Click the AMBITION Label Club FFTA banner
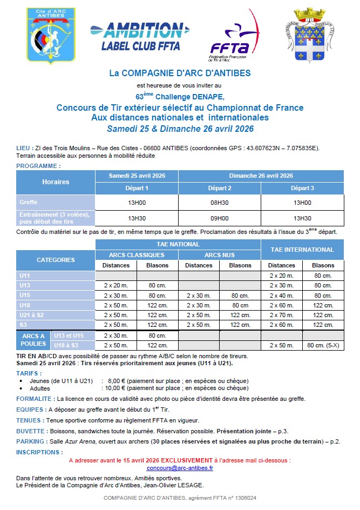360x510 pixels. pyautogui.click(x=137, y=36)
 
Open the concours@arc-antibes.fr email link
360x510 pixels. pyautogui.click(x=180, y=468)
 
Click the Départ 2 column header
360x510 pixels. pyautogui.click(x=220, y=188)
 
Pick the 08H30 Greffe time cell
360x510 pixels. pyautogui.click(x=220, y=203)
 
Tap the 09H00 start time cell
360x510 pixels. pyautogui.click(x=220, y=218)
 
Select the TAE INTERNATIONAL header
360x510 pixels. pyautogui.click(x=302, y=250)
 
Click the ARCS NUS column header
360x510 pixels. pyautogui.click(x=220, y=255)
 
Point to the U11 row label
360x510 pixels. pyautogui.click(x=25, y=276)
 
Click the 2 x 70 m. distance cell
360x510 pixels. pyautogui.click(x=282, y=315)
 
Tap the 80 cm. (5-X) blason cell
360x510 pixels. pyautogui.click(x=323, y=345)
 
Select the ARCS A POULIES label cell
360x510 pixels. pyautogui.click(x=33, y=340)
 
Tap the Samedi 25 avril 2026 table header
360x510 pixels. pyautogui.click(x=137, y=176)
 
